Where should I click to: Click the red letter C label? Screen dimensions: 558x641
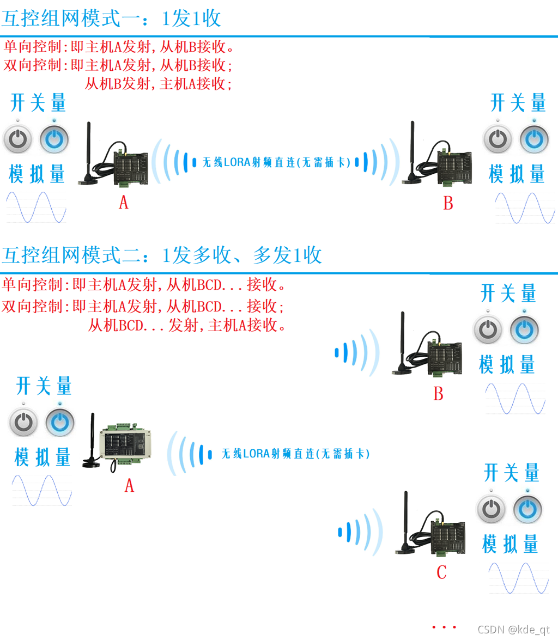tap(441, 572)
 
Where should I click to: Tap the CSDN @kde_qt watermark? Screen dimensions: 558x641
tap(513, 629)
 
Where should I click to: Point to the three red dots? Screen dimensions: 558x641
tap(444, 627)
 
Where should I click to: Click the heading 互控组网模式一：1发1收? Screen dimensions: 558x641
tap(111, 19)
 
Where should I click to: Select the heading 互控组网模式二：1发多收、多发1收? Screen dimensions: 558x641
tap(162, 255)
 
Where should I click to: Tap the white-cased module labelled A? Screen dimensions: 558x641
tap(125, 443)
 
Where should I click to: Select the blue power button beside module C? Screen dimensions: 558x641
tap(527, 509)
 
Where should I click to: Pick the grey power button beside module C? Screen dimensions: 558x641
tap(492, 509)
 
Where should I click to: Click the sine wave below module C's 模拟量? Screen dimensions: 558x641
tap(519, 578)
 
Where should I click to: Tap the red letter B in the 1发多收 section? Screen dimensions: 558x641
tap(438, 394)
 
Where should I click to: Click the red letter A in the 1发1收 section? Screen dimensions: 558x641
tap(124, 203)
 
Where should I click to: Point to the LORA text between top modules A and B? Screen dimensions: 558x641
tap(276, 162)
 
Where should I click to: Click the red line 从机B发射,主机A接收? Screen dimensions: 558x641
tap(159, 83)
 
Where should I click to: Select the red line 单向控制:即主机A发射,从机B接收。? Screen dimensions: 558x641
tap(119, 47)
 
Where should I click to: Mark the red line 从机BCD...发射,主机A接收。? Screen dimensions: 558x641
tap(187, 326)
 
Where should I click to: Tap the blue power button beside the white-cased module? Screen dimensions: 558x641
tap(60, 422)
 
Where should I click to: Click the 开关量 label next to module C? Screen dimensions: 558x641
tap(511, 473)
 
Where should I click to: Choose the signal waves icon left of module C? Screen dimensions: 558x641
tap(360, 532)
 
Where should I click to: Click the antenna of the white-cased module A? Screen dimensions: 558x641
tap(92, 440)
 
